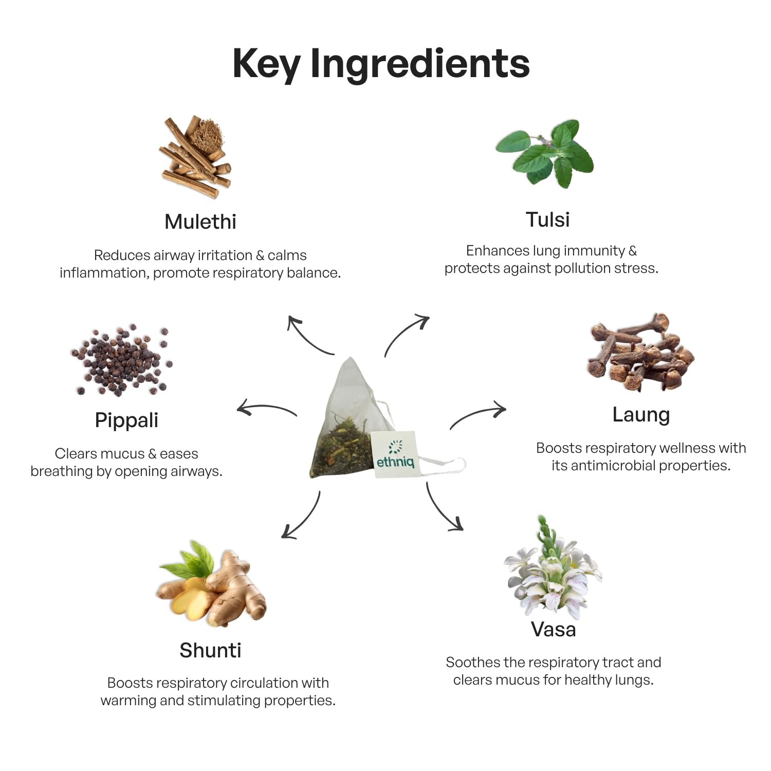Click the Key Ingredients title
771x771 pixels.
pyautogui.click(x=381, y=64)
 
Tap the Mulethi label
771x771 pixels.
pyautogui.click(x=200, y=222)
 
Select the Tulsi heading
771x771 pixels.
pyautogui.click(x=548, y=219)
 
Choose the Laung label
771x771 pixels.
pyautogui.click(x=641, y=415)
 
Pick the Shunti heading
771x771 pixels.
pyautogui.click(x=210, y=650)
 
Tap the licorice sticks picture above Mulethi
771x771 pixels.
pyautogui.click(x=195, y=157)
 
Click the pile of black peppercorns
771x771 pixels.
pyautogui.click(x=121, y=360)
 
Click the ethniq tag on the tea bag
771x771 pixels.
pyautogui.click(x=394, y=454)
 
